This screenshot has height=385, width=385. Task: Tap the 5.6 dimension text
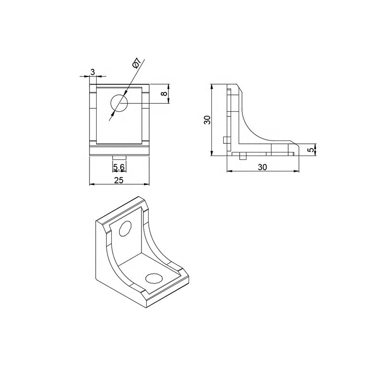[119, 167]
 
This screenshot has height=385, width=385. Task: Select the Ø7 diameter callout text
[137, 64]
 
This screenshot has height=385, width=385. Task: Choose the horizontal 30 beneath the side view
[263, 167]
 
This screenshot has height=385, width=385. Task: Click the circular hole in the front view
[119, 103]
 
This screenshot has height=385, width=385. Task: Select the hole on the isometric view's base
[154, 278]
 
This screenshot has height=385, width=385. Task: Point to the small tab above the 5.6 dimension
[119, 158]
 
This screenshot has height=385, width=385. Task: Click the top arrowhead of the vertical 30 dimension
[212, 87]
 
